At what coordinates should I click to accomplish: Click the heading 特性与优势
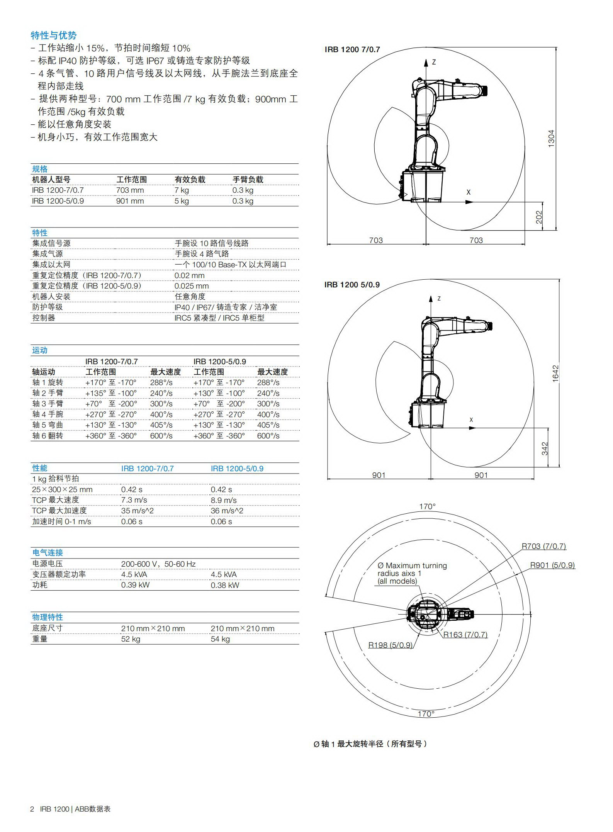coord(54,36)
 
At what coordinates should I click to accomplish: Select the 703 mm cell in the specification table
coord(130,190)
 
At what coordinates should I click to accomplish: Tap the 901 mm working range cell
coord(130,201)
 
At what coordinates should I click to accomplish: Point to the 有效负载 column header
coord(190,180)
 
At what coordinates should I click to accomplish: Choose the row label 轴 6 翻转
coord(48,436)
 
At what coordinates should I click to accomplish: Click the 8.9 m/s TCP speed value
coord(224,500)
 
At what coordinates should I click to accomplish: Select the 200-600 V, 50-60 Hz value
coord(158,564)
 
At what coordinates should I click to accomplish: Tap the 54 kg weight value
coord(220,639)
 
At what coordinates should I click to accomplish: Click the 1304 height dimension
coord(551,138)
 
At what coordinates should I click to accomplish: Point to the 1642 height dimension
coord(555,374)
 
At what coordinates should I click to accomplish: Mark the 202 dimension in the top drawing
coord(539,217)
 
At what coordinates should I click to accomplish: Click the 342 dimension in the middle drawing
coord(545,449)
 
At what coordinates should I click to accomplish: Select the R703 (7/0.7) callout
coord(543,546)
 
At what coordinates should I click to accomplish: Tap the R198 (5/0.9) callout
coord(390,645)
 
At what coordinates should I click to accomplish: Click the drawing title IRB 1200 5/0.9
coord(352,285)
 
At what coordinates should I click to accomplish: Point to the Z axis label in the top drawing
coord(434,62)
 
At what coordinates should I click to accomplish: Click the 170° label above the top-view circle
coord(427,506)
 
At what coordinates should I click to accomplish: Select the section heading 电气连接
coord(48,553)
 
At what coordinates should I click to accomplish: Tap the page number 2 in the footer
coord(32,809)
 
